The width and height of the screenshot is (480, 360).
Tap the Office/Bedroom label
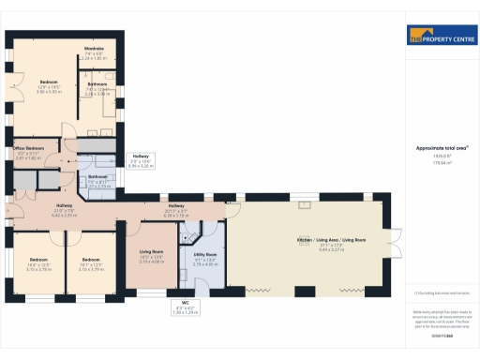point(26,149)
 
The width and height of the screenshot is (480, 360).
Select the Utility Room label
point(204,255)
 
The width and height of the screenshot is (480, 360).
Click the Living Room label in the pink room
point(152,252)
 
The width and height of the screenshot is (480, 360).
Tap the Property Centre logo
point(442,38)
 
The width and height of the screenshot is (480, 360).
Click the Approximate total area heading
point(434,148)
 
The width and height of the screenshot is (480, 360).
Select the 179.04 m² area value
point(434,163)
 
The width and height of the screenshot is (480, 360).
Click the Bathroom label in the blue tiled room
point(97,176)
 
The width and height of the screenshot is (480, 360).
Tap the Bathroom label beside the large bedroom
point(97,84)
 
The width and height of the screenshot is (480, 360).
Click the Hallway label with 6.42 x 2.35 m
point(65,206)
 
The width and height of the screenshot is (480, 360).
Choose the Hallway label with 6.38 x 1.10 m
point(176,206)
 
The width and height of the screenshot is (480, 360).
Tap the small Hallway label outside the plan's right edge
point(140,156)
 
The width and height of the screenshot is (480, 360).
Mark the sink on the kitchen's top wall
point(305,202)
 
